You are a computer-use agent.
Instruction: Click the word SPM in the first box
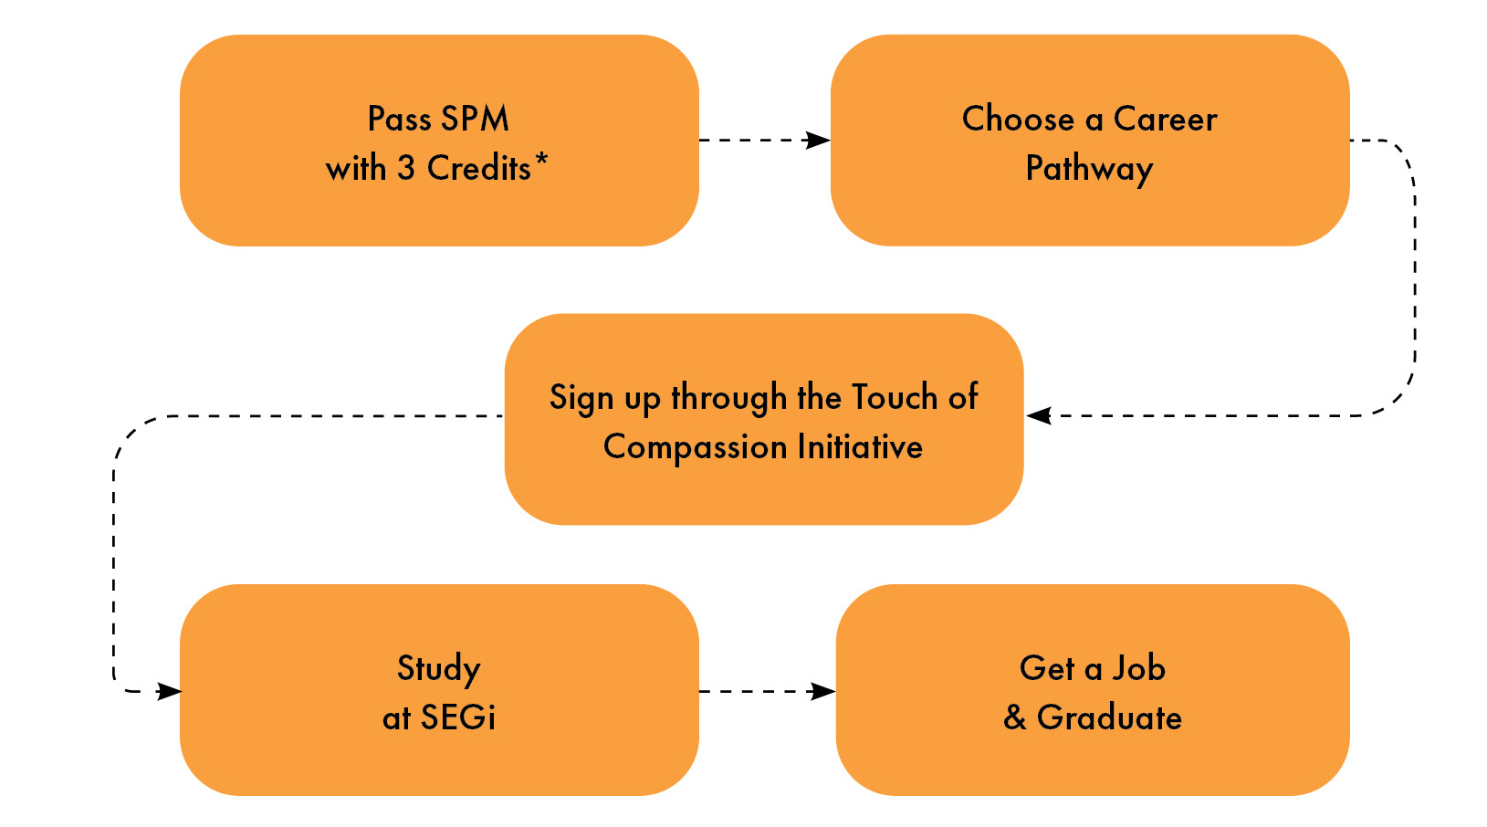(475, 119)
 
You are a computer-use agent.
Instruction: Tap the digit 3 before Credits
(405, 168)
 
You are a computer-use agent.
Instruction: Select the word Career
(1165, 119)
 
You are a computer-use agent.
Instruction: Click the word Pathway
(1089, 169)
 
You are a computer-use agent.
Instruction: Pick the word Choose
(1018, 119)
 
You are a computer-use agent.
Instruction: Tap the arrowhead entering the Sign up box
(1039, 416)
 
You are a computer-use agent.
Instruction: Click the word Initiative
(860, 446)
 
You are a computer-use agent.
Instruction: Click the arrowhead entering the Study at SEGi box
(169, 692)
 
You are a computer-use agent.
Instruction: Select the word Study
(439, 670)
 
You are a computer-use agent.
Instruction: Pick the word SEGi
(458, 717)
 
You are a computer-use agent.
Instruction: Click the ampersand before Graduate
(1014, 717)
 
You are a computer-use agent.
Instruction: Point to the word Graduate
(1109, 717)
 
